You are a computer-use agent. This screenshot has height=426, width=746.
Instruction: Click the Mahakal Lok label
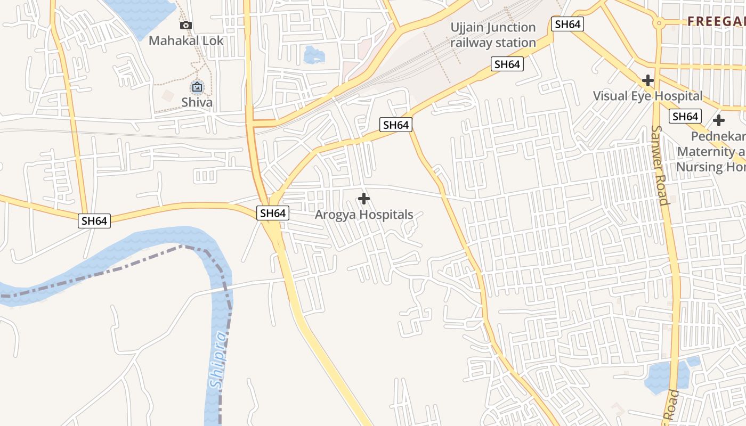point(186,40)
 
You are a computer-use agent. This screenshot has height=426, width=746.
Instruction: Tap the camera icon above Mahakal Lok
point(186,25)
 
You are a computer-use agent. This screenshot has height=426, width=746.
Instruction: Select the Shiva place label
point(197,102)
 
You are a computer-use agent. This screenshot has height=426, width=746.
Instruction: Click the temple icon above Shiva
point(197,86)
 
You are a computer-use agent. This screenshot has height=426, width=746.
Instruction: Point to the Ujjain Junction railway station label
point(493,35)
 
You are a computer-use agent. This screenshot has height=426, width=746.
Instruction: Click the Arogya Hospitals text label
point(364,215)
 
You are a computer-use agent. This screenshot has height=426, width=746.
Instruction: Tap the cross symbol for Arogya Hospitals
point(364,199)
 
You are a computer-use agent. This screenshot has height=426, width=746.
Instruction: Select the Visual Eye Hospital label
point(648,96)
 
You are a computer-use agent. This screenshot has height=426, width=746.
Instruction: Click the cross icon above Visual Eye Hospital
point(648,80)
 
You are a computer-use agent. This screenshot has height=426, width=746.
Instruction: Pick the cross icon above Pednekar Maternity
point(719,120)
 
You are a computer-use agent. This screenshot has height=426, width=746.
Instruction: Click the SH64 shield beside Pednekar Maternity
point(685,117)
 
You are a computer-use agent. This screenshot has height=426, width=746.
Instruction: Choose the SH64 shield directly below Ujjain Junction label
point(507,64)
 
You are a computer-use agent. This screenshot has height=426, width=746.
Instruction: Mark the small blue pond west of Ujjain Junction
point(314,54)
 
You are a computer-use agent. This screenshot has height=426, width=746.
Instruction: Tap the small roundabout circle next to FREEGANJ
point(659,23)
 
